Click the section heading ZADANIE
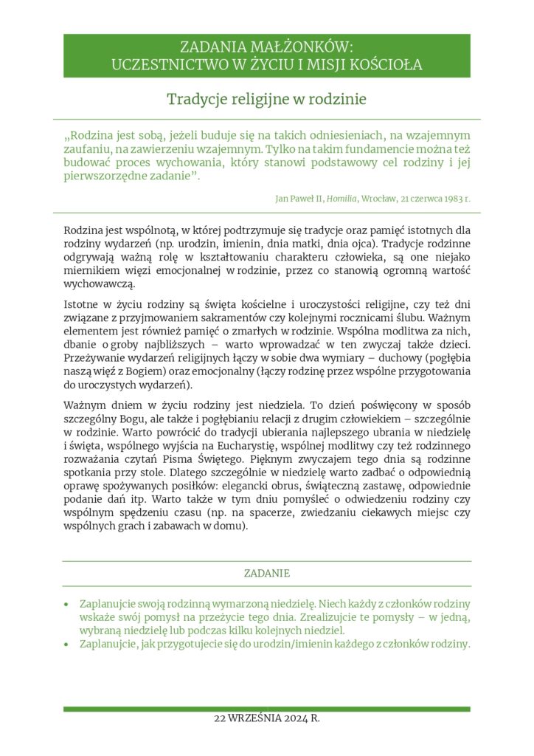tap(267, 573)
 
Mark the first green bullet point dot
tap(68, 604)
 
